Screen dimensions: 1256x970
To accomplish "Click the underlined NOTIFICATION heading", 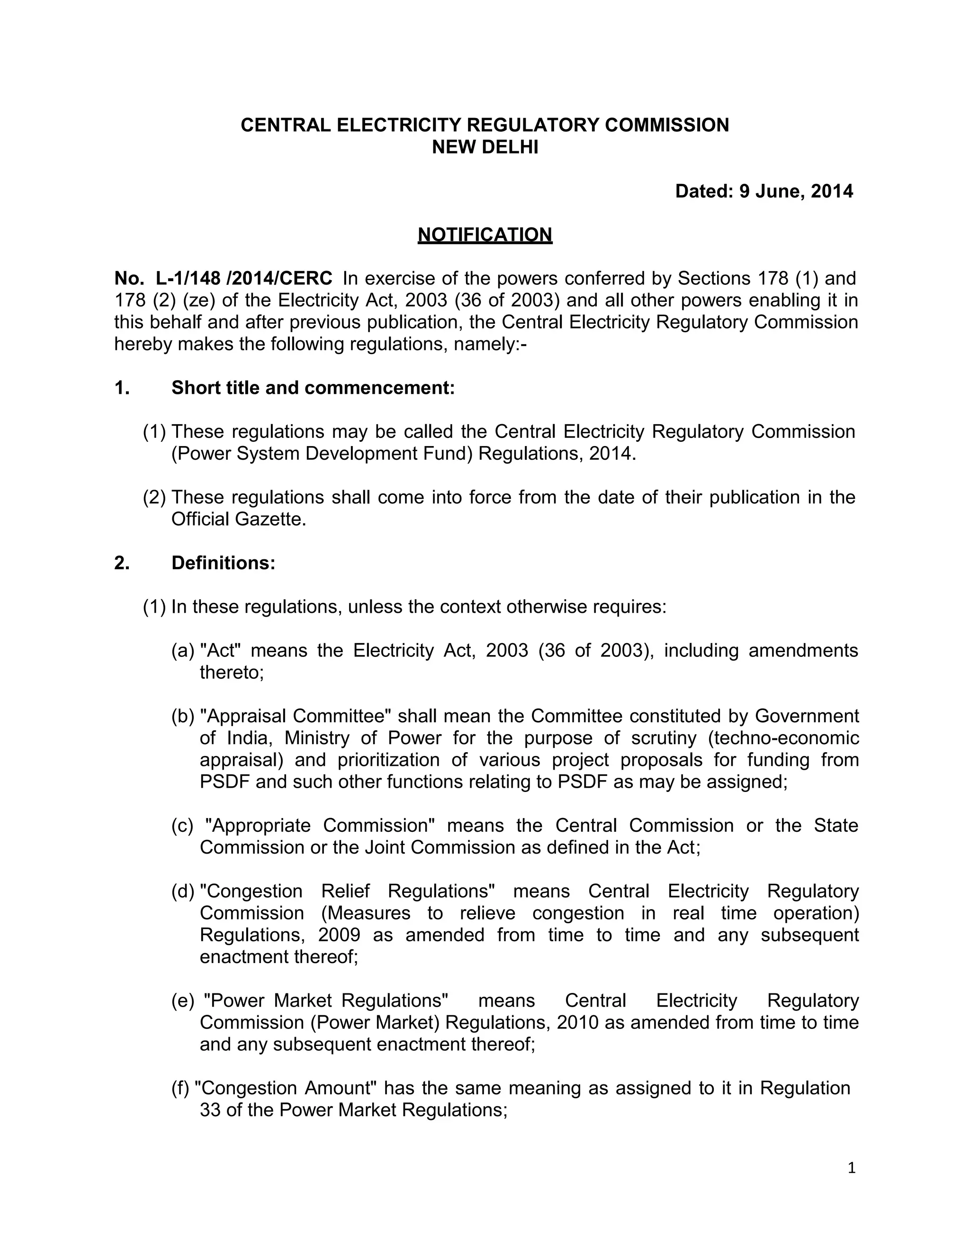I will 485,235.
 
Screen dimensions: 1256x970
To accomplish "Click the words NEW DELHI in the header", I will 485,147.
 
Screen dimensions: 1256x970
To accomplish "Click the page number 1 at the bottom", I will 851,1167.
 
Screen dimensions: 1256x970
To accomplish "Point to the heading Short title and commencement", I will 313,388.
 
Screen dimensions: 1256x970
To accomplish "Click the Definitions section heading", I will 223,563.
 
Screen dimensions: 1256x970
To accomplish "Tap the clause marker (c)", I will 182,825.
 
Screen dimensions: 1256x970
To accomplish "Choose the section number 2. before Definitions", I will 122,563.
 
